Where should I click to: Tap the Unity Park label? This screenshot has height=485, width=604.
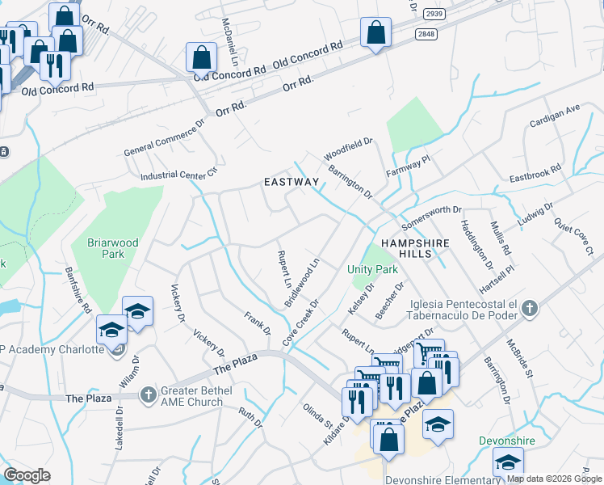373,268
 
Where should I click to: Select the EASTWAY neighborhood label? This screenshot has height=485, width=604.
292,183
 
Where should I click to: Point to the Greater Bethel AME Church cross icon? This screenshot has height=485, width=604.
147,395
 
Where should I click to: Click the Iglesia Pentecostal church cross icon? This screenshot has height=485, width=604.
529,308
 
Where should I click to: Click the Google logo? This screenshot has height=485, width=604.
27,475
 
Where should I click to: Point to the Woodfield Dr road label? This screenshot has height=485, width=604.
347,148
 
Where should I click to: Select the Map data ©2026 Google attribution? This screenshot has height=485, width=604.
553,478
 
